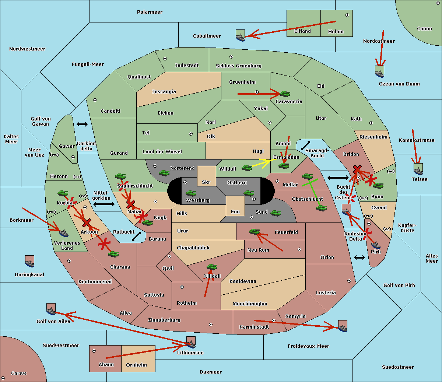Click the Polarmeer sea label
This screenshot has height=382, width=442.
tap(150, 12)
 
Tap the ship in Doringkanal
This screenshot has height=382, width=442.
tap(30, 261)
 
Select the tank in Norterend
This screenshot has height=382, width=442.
tap(164, 173)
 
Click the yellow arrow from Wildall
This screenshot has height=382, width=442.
tap(261, 163)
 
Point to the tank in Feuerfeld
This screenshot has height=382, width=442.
tap(255, 231)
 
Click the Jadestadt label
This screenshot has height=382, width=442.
tap(187, 66)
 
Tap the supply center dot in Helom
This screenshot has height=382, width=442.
tap(347, 15)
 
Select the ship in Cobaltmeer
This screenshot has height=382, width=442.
tap(241, 35)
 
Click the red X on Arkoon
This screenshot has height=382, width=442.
tap(87, 222)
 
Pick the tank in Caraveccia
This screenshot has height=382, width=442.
tap(285, 94)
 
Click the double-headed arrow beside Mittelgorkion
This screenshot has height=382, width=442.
tap(104, 204)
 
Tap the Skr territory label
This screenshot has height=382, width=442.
tap(206, 182)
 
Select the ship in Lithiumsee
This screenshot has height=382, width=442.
tap(191, 342)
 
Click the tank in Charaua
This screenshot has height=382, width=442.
tap(113, 254)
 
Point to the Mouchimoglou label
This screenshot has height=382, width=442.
tap(250, 304)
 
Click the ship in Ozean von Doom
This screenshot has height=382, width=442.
tap(379, 72)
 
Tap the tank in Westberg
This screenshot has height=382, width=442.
tap(191, 193)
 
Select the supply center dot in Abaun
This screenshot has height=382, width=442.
tap(94, 351)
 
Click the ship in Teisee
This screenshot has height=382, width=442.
tap(418, 169)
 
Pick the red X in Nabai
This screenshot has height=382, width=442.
tap(131, 204)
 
